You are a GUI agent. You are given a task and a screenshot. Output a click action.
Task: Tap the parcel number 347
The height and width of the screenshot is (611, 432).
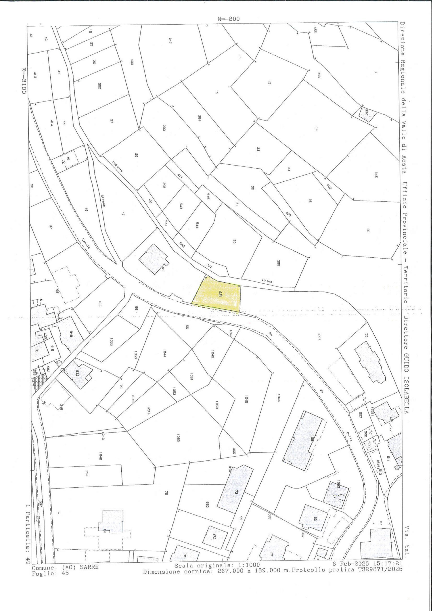pos(170,40)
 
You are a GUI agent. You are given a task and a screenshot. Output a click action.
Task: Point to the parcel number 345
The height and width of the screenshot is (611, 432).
pos(376,175)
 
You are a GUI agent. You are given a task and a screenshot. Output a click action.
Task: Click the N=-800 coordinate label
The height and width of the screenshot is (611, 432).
pos(228,19)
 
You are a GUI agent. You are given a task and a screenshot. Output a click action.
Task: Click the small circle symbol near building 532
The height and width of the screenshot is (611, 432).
pos(62,370)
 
